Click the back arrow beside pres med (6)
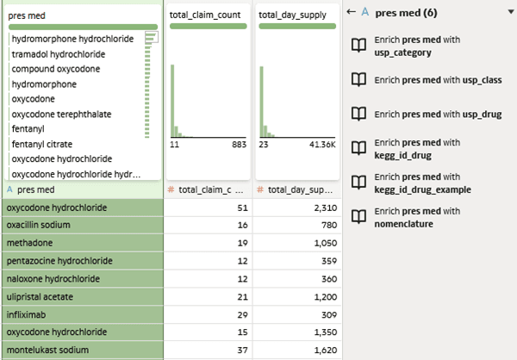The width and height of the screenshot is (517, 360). click(352, 12)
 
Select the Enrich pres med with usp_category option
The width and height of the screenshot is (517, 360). click(417, 47)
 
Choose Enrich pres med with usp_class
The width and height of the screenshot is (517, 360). click(438, 80)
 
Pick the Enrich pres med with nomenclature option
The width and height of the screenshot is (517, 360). click(417, 218)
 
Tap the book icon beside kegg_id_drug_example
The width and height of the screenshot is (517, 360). click(358, 183)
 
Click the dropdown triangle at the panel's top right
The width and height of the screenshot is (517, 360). click(511, 12)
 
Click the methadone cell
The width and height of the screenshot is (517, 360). click(83, 243)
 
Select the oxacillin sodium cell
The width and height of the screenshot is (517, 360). click(83, 225)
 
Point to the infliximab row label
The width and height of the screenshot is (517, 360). click(26, 315)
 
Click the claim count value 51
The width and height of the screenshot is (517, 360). click(242, 208)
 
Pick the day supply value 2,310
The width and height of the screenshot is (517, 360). click(326, 208)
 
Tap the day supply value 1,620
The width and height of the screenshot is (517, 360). click(326, 351)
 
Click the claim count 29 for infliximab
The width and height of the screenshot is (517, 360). click(242, 315)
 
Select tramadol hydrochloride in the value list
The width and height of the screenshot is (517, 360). click(59, 54)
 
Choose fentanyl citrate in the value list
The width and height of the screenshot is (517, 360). click(42, 144)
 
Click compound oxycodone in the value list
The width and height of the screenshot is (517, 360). click(56, 69)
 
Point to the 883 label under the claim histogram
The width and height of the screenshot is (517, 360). click(239, 145)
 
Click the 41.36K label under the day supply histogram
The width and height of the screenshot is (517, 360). click(322, 145)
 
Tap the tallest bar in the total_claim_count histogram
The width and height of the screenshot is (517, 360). click(172, 101)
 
